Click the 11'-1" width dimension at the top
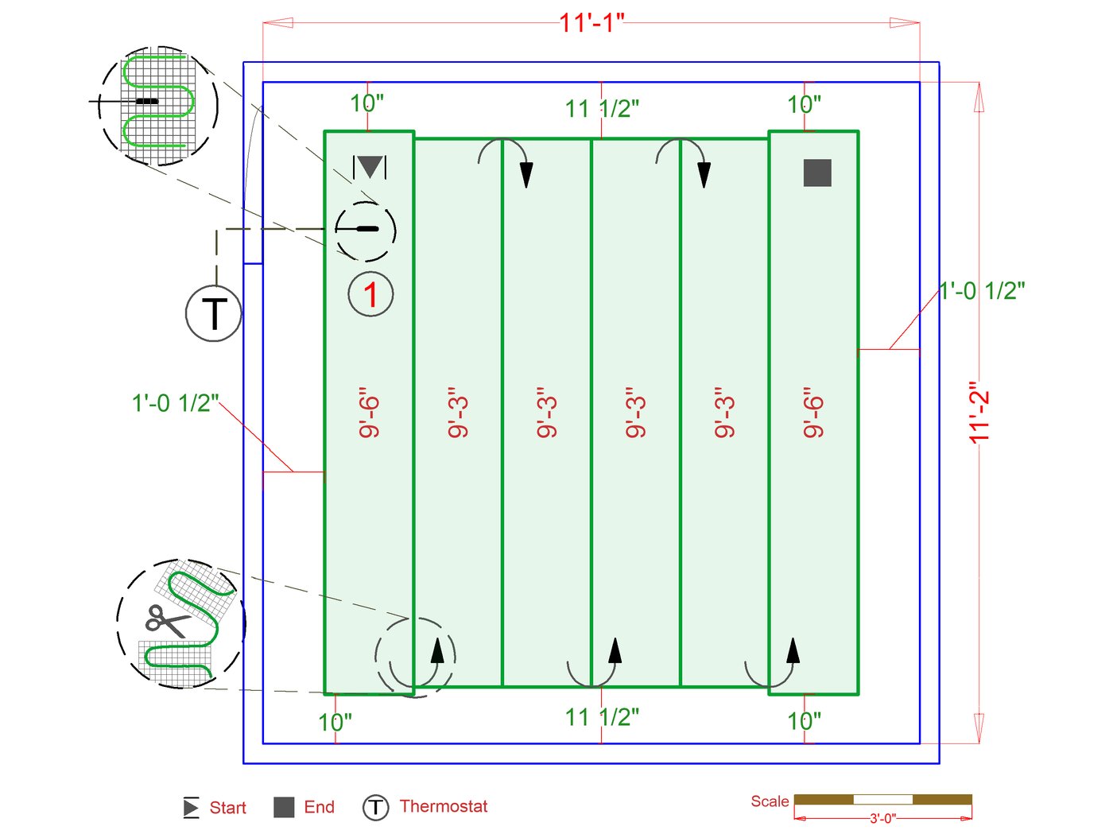[x=591, y=22]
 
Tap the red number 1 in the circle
[x=370, y=294]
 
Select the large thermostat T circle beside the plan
[x=214, y=313]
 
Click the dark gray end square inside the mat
[x=817, y=173]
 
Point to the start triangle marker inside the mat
[x=370, y=167]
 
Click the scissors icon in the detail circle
[x=166, y=620]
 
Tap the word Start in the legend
[x=227, y=808]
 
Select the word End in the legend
[x=319, y=807]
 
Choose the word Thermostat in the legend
[x=443, y=806]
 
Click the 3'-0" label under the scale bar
[x=882, y=818]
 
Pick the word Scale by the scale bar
[x=770, y=801]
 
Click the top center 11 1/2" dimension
[x=602, y=108]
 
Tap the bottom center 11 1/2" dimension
[x=602, y=717]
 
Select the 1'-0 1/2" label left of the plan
[x=175, y=403]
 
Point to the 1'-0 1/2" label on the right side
[x=982, y=291]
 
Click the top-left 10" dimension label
[x=366, y=103]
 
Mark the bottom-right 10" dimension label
[x=804, y=721]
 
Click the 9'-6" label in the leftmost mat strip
[x=370, y=413]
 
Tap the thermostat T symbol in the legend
[x=375, y=807]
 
